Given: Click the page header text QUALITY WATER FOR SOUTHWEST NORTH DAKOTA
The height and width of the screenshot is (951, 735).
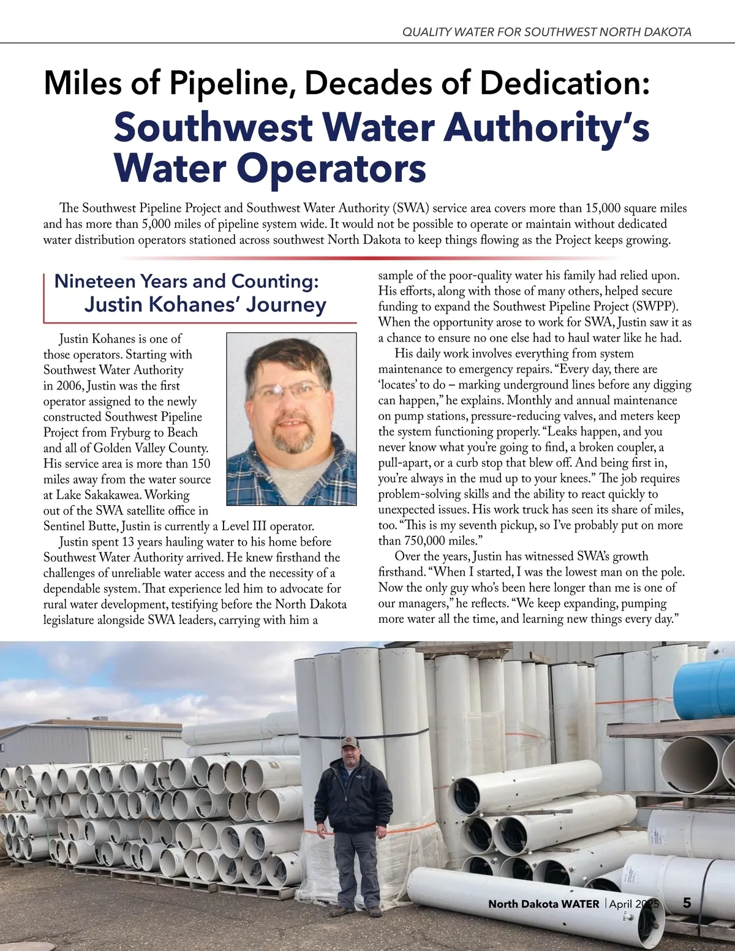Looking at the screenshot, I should (x=546, y=32).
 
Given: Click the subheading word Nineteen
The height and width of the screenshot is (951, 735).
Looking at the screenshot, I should (x=96, y=281).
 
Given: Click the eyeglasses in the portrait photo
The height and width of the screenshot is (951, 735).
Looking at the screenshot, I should (x=288, y=391).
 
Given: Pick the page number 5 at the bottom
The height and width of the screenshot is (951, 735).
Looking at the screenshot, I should (x=687, y=903).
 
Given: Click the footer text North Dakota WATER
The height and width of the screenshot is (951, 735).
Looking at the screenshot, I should (x=543, y=904).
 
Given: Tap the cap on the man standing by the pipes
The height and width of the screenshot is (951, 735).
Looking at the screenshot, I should (x=350, y=743).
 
